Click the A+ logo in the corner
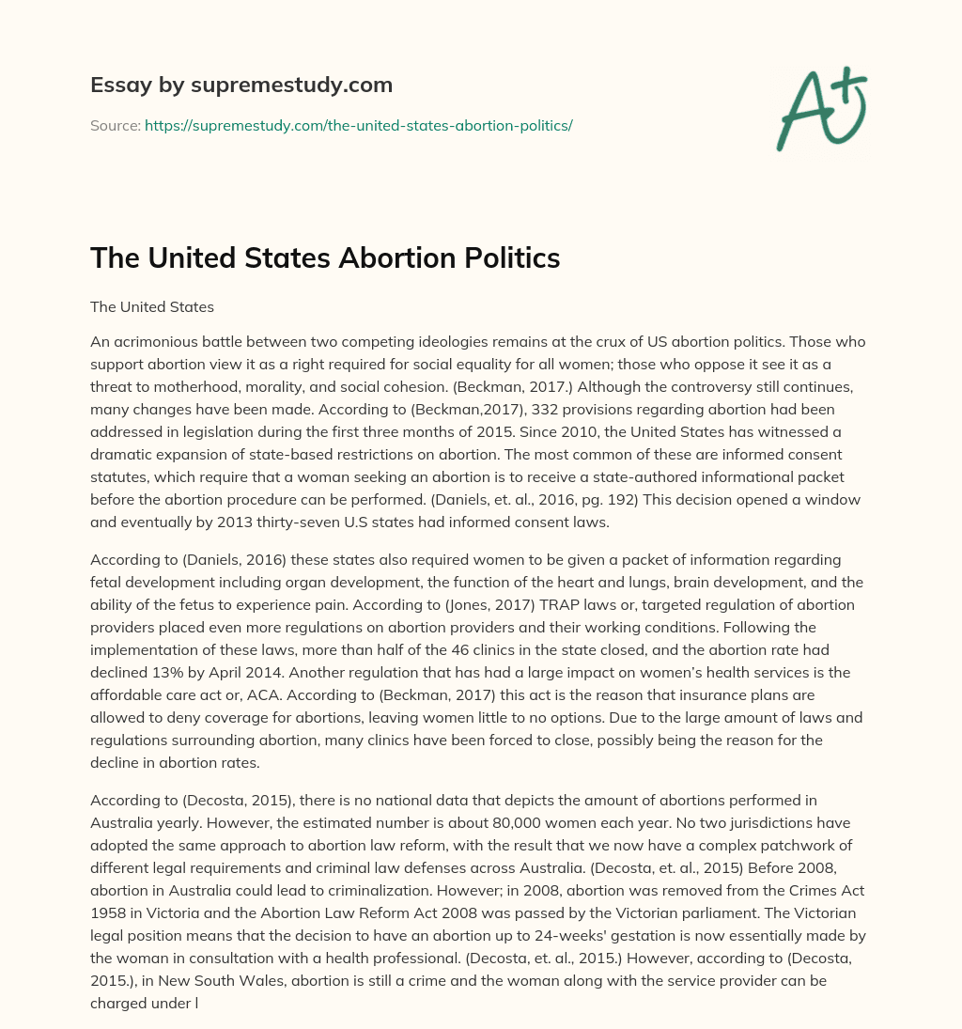click(820, 108)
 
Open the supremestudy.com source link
click(358, 125)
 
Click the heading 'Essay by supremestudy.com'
click(240, 86)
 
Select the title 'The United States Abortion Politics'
click(325, 258)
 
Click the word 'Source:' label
click(115, 125)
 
